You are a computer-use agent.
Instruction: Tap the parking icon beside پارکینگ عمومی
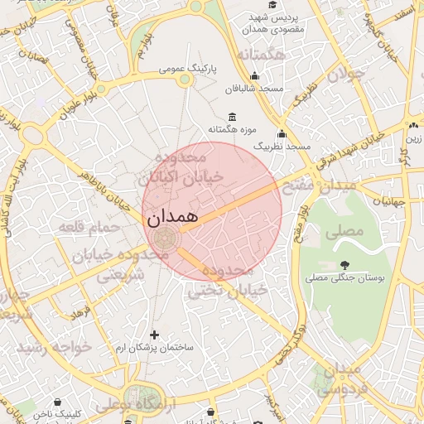click(x=185, y=79)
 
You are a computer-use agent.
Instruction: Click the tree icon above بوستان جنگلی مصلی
click(x=344, y=265)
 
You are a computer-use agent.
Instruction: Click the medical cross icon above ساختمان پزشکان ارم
click(x=154, y=334)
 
